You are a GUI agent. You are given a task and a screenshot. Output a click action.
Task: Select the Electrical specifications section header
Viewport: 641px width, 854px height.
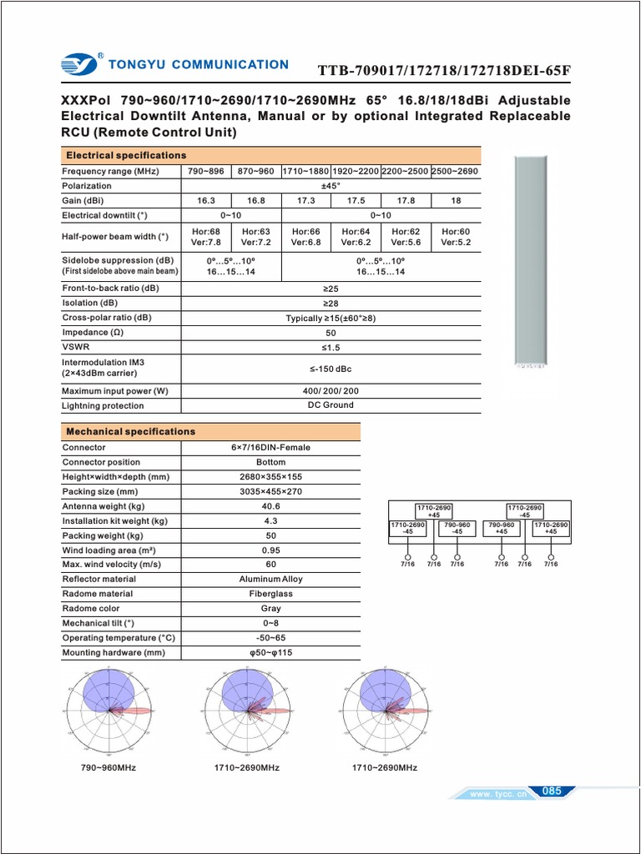(126, 155)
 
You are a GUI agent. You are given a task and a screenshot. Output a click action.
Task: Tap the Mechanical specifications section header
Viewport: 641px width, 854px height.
(130, 431)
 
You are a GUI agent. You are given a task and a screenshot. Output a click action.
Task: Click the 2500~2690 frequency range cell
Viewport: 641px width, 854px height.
(455, 171)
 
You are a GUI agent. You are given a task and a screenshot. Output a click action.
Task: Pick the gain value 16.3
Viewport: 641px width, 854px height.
(206, 201)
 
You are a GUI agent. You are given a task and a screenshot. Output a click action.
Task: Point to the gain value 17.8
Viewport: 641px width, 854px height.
(406, 201)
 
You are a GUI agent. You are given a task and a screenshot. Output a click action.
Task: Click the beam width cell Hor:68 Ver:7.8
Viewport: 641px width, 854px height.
(206, 237)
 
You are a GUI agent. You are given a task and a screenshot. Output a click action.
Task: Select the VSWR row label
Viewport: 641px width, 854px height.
(76, 347)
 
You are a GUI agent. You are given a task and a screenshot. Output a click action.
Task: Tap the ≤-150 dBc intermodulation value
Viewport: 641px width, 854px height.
(331, 369)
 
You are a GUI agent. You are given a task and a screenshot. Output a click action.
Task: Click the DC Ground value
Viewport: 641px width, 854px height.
(331, 405)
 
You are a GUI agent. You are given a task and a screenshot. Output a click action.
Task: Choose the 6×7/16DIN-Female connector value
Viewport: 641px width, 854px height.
(270, 448)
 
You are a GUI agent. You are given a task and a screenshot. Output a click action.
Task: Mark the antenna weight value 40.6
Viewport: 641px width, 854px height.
(270, 506)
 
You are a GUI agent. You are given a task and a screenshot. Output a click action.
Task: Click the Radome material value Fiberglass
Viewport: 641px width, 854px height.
(270, 594)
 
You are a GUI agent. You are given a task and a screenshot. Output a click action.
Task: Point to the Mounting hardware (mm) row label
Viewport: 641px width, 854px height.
(114, 653)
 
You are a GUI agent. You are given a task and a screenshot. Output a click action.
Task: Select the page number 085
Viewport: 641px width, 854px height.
(552, 791)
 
